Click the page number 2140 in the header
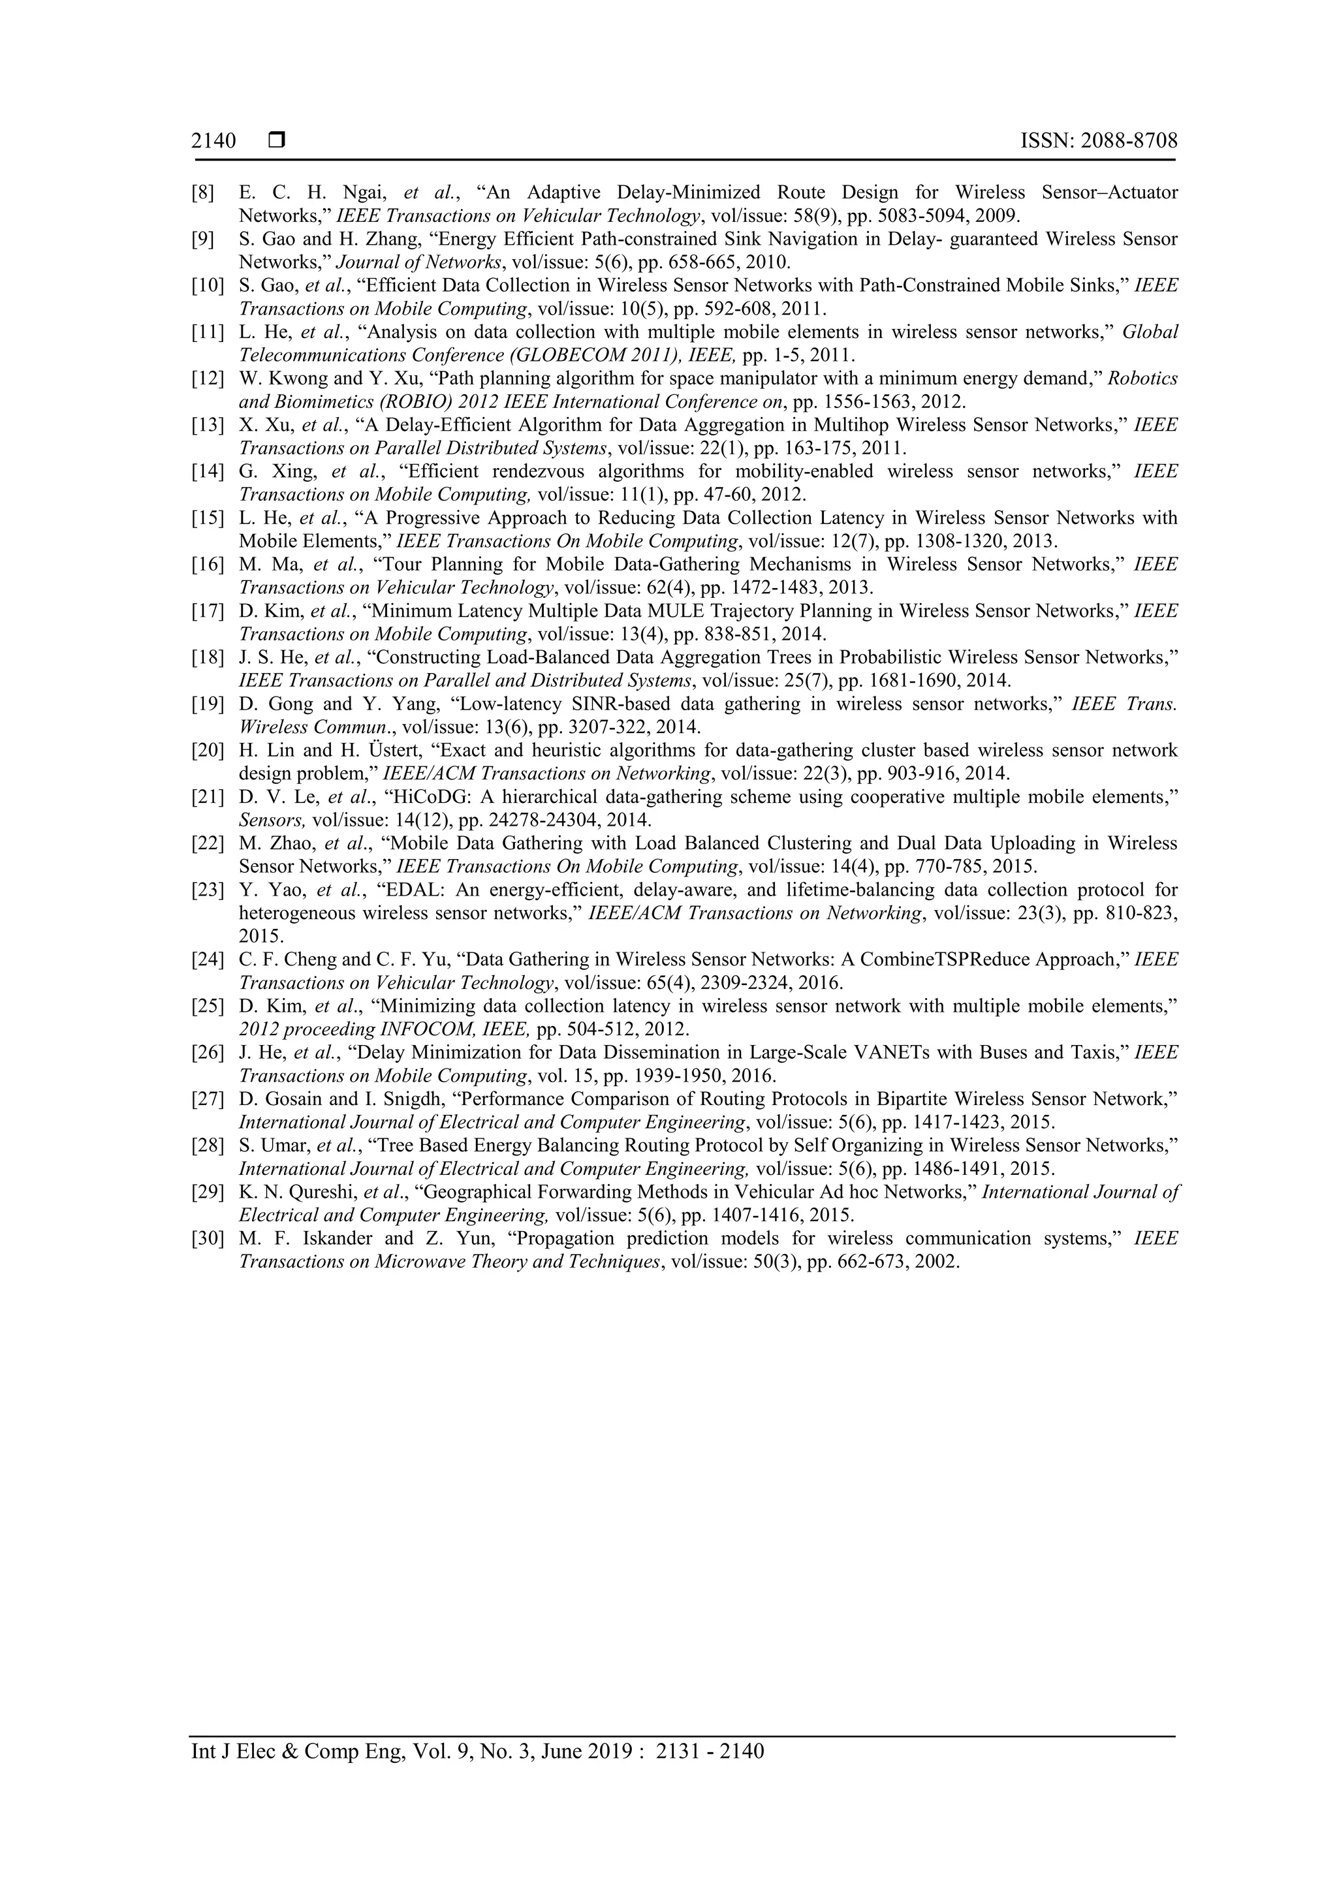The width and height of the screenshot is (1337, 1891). pos(213,141)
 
